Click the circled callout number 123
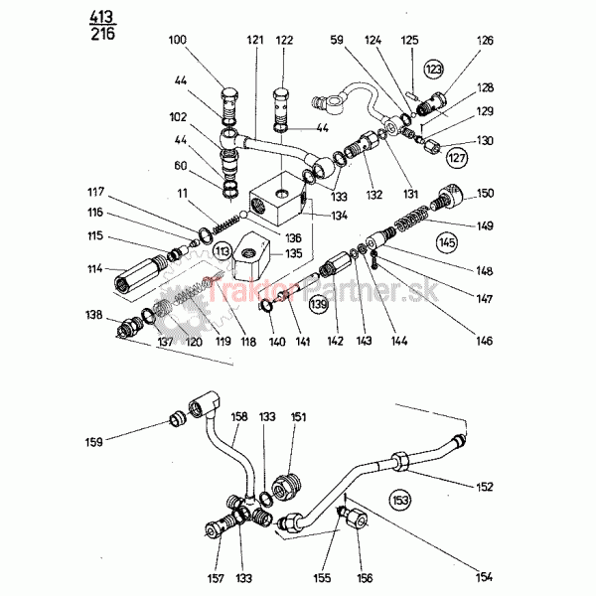[x=435, y=70]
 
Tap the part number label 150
[x=486, y=194]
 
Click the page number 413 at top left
[x=101, y=17]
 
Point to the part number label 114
[x=94, y=268]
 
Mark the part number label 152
[x=485, y=486]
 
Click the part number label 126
[x=485, y=41]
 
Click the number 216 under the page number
[x=101, y=34]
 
